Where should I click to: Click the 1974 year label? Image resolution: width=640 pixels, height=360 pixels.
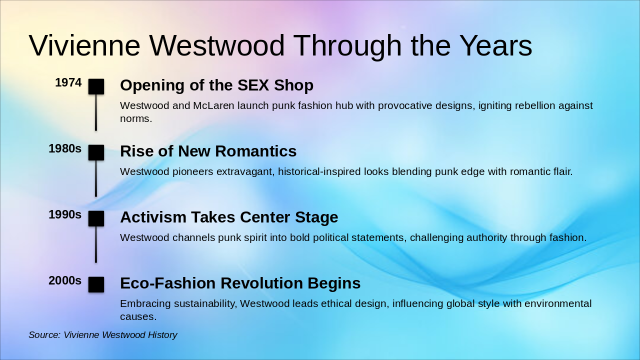pyautogui.click(x=68, y=82)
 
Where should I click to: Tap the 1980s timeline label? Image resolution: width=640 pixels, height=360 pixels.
pyautogui.click(x=65, y=148)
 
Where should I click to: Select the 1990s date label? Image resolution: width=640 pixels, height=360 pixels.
pyautogui.click(x=65, y=214)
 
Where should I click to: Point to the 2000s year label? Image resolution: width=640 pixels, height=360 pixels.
pyautogui.click(x=65, y=280)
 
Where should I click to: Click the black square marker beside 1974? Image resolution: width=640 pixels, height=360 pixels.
pyautogui.click(x=96, y=86)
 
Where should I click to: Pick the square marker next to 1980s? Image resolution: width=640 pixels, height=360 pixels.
pyautogui.click(x=96, y=152)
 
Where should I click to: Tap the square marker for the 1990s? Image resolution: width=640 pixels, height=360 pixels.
pyautogui.click(x=96, y=218)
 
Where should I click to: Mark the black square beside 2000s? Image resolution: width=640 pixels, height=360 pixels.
pyautogui.click(x=96, y=284)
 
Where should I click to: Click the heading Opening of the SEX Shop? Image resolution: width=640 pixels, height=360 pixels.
pyautogui.click(x=216, y=85)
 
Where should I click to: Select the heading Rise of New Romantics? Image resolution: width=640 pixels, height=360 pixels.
pyautogui.click(x=208, y=151)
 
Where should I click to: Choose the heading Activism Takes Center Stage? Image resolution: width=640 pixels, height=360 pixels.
pyautogui.click(x=229, y=217)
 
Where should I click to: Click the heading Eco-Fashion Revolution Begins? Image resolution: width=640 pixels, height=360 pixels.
pyautogui.click(x=240, y=283)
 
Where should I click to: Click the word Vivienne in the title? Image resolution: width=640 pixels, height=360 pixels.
pyautogui.click(x=84, y=45)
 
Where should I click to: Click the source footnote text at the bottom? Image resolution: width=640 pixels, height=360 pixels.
pyautogui.click(x=103, y=335)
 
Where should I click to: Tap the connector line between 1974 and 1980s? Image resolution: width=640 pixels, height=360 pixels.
pyautogui.click(x=96, y=112)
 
